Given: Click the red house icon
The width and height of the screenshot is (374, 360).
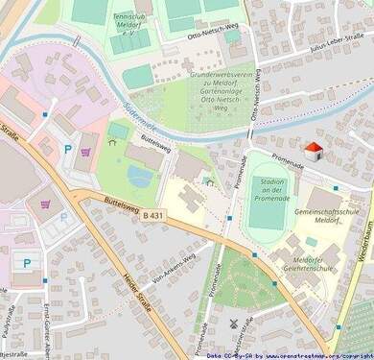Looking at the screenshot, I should click(313, 150).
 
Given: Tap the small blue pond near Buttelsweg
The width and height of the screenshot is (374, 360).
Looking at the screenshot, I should click(139, 177).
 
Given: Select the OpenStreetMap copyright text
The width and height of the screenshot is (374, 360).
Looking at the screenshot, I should click(288, 354).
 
